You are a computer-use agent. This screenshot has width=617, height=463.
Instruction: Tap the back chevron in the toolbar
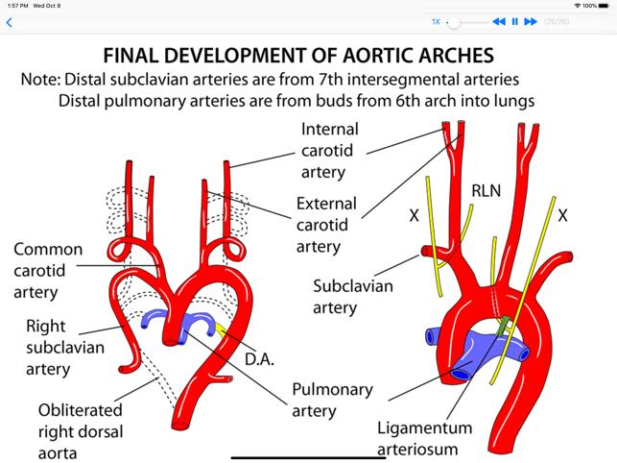pyautogui.click(x=10, y=22)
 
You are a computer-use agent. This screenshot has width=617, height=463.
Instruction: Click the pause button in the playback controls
pyautogui.click(x=514, y=21)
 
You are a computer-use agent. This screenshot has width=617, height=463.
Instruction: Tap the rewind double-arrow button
pyautogui.click(x=498, y=21)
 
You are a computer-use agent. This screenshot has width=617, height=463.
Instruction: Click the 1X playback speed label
pyautogui.click(x=436, y=21)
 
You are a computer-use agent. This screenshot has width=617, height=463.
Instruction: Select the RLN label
pyautogui.click(x=486, y=190)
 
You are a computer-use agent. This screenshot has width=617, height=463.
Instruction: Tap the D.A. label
pyautogui.click(x=259, y=359)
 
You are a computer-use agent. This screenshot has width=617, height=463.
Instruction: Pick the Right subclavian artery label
pyautogui.click(x=60, y=348)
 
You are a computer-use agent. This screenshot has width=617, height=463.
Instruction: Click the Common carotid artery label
pyautogui.click(x=47, y=271)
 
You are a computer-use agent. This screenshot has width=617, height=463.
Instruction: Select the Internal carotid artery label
pyautogui.click(x=329, y=151)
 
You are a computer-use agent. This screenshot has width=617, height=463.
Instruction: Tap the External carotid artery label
pyautogui.click(x=325, y=225)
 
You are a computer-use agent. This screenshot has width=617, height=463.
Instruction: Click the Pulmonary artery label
pyautogui.click(x=332, y=400)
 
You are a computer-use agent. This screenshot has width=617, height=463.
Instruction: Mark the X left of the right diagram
pyautogui.click(x=415, y=216)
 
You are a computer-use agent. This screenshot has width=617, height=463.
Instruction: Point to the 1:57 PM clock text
pyautogui.click(x=16, y=6)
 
